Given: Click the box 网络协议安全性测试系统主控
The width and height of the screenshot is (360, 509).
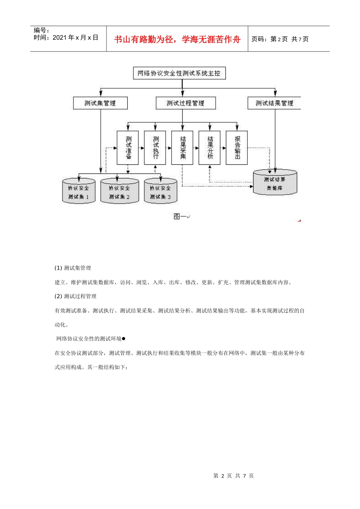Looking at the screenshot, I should click(x=179, y=73).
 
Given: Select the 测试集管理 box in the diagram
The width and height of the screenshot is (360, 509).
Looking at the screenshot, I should click(x=100, y=103).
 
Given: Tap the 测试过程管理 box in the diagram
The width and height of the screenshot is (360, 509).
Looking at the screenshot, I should click(x=185, y=103).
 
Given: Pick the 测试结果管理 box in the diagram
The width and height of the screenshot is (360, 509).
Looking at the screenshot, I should click(x=274, y=103).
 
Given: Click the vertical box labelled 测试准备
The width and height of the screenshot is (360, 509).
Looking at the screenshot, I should click(x=128, y=148).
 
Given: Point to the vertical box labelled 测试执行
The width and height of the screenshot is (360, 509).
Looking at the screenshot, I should click(x=155, y=148).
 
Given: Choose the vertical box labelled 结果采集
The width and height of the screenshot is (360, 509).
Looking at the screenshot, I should click(x=182, y=148).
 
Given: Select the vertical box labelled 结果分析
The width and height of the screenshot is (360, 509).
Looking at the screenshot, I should click(x=210, y=148).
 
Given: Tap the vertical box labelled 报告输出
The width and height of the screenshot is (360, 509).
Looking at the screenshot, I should click(x=237, y=148).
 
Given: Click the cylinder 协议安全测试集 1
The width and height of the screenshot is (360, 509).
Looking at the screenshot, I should click(x=79, y=191).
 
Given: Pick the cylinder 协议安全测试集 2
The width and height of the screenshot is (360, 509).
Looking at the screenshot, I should click(x=120, y=191).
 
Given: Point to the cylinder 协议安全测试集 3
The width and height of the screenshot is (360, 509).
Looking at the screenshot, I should click(x=161, y=191).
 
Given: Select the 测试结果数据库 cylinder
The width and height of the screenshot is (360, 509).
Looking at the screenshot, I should click(x=275, y=183).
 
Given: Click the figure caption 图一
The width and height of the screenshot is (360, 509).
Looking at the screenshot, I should click(x=180, y=216).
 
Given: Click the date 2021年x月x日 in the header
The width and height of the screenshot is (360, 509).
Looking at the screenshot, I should click(x=75, y=37).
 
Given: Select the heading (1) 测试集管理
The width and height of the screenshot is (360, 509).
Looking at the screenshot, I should click(x=73, y=268).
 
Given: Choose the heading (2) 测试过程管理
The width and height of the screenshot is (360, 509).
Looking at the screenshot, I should click(x=76, y=297).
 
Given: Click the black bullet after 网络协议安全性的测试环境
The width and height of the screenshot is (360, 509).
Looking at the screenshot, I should click(x=124, y=339).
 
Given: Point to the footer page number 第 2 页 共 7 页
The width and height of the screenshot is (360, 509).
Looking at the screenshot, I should click(x=233, y=476).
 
